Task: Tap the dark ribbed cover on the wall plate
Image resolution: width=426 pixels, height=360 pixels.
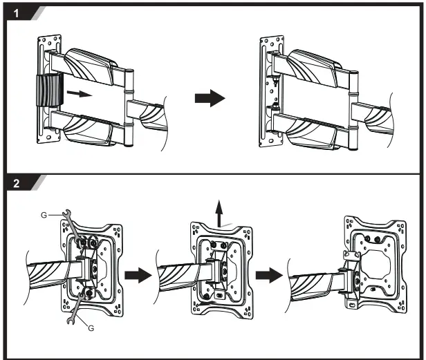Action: [48, 93]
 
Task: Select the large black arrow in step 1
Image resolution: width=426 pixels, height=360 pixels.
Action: [210, 99]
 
